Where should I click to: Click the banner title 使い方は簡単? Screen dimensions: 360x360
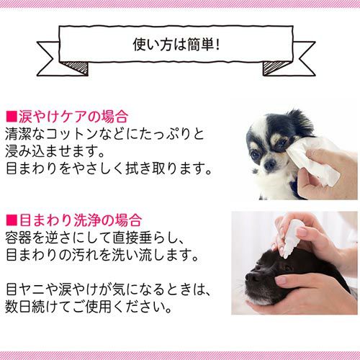point(176,45)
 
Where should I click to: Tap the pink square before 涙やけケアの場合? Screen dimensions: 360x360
point(12,117)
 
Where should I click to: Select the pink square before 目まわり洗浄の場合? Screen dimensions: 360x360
point(12,220)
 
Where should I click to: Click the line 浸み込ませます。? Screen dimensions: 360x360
point(55,151)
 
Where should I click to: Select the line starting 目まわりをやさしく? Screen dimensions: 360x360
point(109,168)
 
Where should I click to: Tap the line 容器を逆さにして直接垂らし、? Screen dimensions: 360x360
point(95,238)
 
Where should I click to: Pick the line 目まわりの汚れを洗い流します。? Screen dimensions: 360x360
point(102,255)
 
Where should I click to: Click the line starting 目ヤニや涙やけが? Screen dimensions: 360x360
point(107,289)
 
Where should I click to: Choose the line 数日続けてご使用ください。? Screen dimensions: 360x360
point(89,307)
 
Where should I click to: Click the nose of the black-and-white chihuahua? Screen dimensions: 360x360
point(270,165)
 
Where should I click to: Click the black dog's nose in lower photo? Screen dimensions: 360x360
point(251,278)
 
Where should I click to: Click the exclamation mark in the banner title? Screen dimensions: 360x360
point(217,45)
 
